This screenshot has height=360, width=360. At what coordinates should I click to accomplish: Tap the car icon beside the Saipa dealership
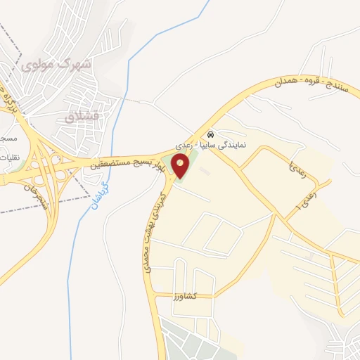(211, 134)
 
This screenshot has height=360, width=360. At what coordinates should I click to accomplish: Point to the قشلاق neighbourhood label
(78, 116)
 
